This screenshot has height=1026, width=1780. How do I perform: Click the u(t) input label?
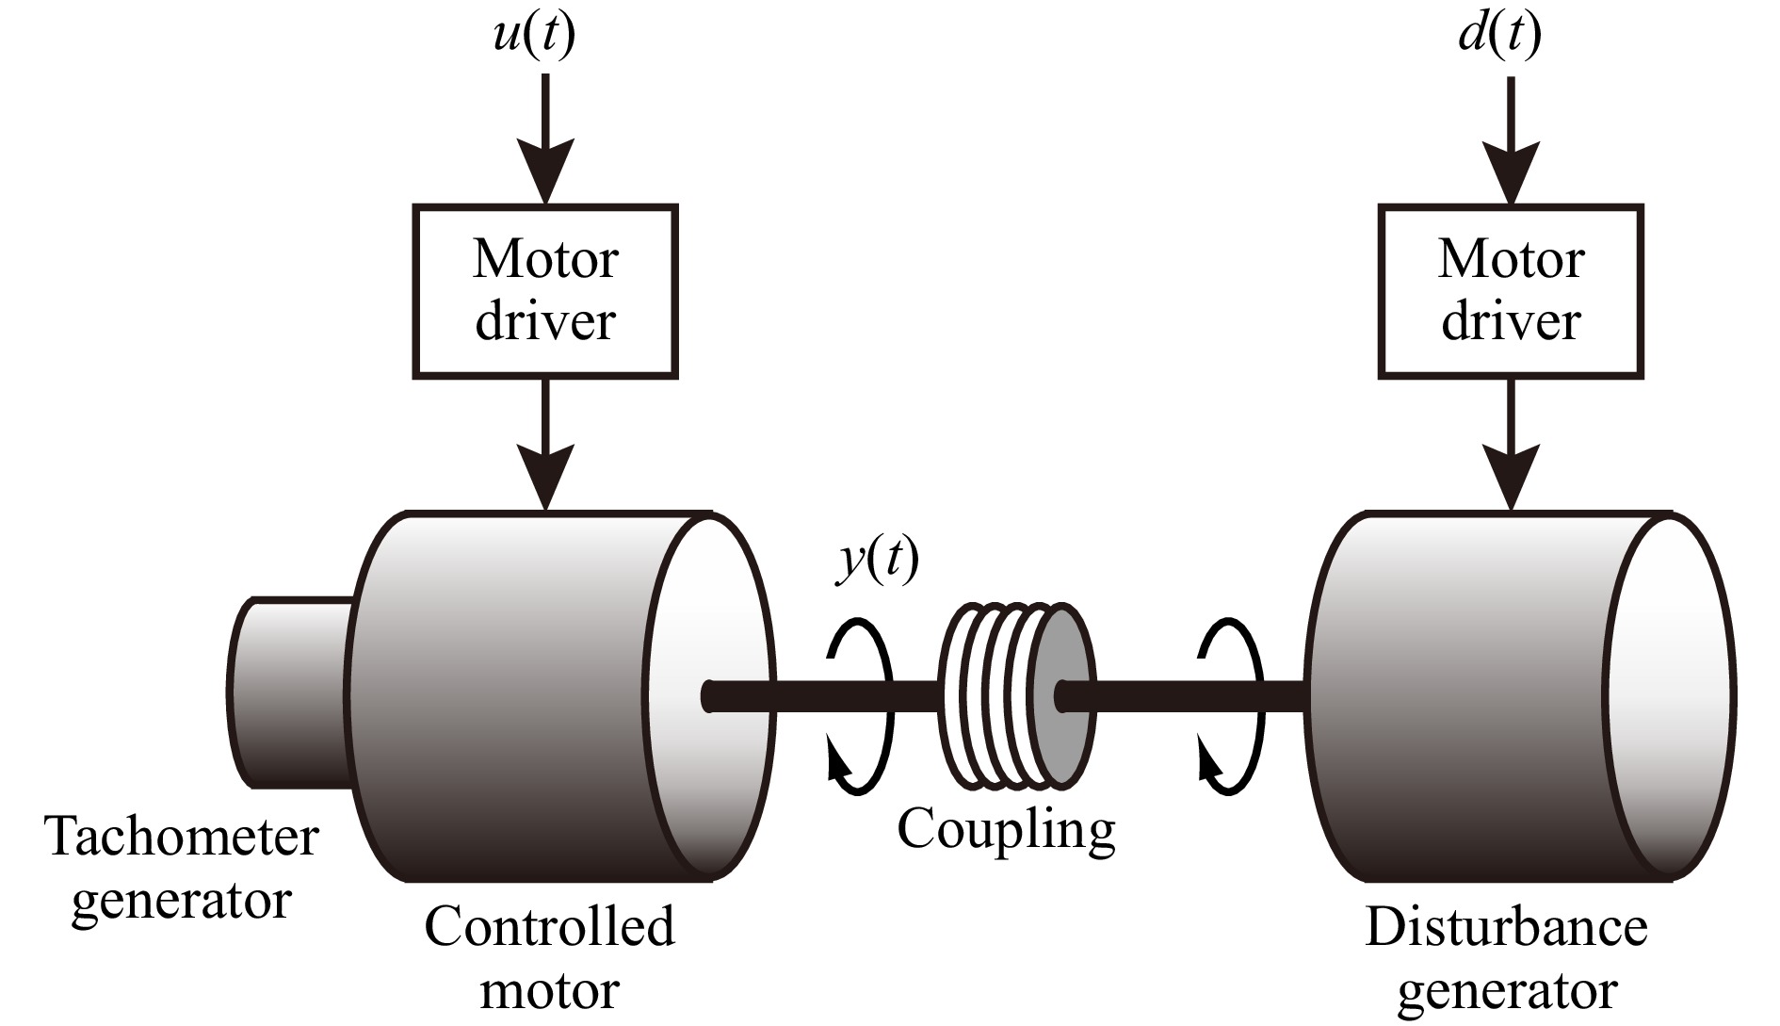point(533,36)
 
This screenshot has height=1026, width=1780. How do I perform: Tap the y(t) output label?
point(878,562)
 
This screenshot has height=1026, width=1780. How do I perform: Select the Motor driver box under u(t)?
point(545,292)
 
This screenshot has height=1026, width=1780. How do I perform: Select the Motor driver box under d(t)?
point(1511,292)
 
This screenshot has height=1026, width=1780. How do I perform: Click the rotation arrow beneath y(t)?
point(859,707)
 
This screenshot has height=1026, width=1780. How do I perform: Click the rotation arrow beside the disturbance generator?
point(1229,707)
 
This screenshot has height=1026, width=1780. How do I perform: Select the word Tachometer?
point(182,837)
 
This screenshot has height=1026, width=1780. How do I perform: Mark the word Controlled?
point(549,927)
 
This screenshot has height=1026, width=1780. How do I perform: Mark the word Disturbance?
point(1506,927)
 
